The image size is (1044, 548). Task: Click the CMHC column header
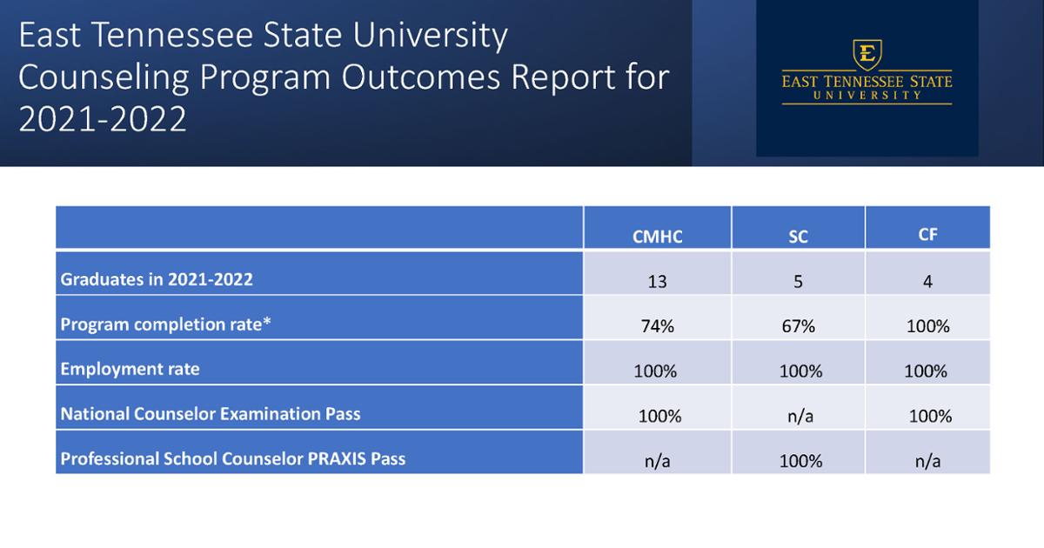[x=658, y=237]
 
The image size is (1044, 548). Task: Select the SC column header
[x=798, y=237]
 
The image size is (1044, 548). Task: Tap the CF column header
[x=927, y=235]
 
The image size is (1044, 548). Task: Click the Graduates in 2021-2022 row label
[x=157, y=280]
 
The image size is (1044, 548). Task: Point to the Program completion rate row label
[x=165, y=324]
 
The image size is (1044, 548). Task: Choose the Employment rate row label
[x=130, y=369]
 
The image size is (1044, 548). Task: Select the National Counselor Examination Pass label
[x=210, y=414]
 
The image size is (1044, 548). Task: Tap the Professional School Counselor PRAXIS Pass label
[x=232, y=458]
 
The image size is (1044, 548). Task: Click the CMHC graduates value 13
[x=658, y=282]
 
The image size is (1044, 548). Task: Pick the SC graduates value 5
[x=798, y=282]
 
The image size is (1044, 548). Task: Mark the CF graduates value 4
[x=927, y=282]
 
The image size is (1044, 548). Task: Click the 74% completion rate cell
[x=658, y=327]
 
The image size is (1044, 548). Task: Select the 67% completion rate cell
[x=798, y=327]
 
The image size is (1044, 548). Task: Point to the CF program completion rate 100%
[x=927, y=327]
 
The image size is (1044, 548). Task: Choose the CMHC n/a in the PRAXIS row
[x=658, y=461]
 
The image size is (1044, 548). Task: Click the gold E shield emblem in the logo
[x=866, y=54]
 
